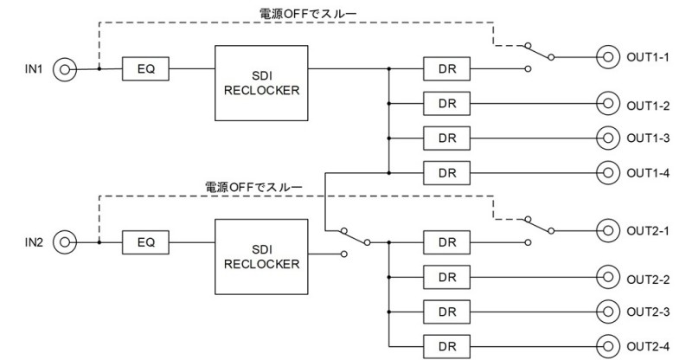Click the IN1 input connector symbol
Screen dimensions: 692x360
[x=65, y=69]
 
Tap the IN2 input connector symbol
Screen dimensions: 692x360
[x=65, y=242]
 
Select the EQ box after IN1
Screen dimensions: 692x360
[x=145, y=69]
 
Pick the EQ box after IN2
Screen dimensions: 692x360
[x=145, y=242]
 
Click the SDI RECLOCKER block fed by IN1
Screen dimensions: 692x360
[x=261, y=83]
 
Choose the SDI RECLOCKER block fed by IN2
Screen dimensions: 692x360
[x=261, y=257]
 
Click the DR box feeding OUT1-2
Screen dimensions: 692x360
[x=446, y=103]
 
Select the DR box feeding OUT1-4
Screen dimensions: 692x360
[x=446, y=173]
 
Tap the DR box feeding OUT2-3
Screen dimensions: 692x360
[x=446, y=312]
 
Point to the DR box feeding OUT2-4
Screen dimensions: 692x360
[x=446, y=346]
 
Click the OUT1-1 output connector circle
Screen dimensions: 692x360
[x=608, y=57]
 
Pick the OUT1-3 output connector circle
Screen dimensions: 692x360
[x=608, y=138]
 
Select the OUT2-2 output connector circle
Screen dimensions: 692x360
[x=608, y=277]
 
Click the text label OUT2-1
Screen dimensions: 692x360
[x=648, y=231]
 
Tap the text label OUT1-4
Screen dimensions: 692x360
[x=648, y=173]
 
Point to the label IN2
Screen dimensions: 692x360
[x=34, y=242]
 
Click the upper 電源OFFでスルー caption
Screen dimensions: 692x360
[x=308, y=14]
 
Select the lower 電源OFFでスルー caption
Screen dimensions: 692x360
[x=253, y=187]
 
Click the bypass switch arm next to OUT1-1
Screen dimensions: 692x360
[x=539, y=51]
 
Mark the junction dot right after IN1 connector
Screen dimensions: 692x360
[x=99, y=69]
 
